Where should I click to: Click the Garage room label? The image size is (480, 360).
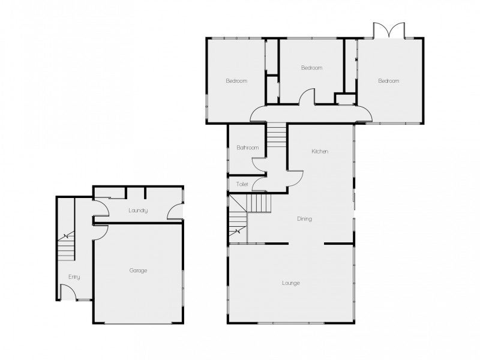click(138, 271)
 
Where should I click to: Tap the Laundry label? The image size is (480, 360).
click(138, 211)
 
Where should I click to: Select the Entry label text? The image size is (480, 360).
click(74, 277)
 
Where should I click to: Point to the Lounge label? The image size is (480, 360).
click(291, 283)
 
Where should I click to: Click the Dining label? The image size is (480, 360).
click(304, 219)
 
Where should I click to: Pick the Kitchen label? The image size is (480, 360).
click(319, 151)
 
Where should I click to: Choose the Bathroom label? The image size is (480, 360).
click(247, 148)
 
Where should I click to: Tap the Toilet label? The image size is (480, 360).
click(242, 184)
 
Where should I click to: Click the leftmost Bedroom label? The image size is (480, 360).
click(236, 81)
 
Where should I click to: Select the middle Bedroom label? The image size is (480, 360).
click(311, 68)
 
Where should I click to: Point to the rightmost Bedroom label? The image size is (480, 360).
click(388, 81)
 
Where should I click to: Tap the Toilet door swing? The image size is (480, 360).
click(259, 184)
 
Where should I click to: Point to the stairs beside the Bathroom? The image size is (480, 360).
click(277, 135)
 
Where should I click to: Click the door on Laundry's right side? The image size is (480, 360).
click(176, 212)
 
